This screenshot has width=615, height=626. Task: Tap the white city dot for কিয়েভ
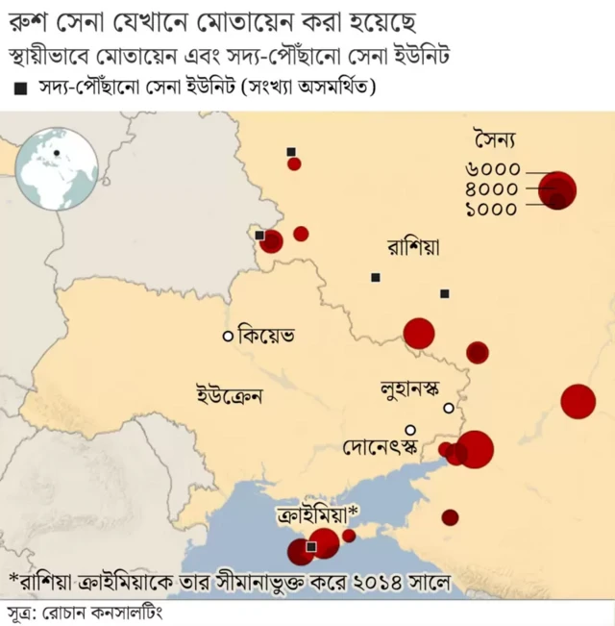click(228, 337)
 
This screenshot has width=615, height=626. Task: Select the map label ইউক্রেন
click(230, 393)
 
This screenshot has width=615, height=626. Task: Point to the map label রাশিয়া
click(413, 246)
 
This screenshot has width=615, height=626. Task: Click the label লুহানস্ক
click(409, 390)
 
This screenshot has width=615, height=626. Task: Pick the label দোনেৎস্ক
click(381, 447)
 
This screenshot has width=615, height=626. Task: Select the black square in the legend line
click(20, 89)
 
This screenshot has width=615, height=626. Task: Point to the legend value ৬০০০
click(491, 169)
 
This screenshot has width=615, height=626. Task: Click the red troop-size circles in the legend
click(557, 189)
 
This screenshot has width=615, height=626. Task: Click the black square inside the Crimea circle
click(310, 546)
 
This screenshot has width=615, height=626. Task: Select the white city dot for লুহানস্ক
click(448, 409)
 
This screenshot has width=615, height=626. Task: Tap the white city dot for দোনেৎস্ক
click(410, 430)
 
